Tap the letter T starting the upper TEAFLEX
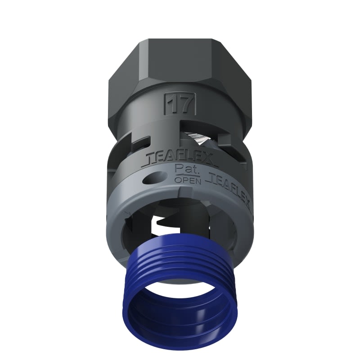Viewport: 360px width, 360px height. (150, 158)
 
